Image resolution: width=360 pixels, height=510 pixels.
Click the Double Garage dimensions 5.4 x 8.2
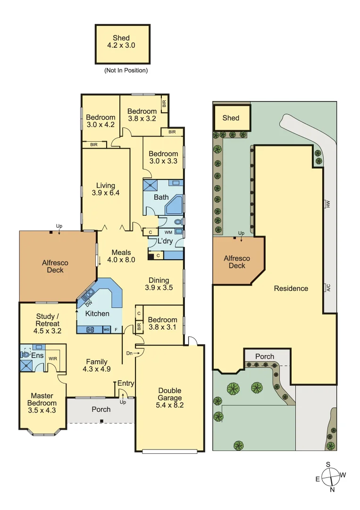170,405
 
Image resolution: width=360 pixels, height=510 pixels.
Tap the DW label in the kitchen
88,304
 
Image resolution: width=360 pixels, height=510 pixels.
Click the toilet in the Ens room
25,353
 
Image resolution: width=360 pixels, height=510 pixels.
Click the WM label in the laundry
168,232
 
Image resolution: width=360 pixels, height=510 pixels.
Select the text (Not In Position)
126,70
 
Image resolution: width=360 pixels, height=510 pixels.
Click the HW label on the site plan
326,204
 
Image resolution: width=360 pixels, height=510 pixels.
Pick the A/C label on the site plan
326,288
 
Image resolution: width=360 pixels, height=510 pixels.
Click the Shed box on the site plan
231,118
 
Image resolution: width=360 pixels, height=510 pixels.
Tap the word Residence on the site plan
291,288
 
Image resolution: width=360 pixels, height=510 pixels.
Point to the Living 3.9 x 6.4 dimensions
106,193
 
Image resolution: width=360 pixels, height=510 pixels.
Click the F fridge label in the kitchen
116,329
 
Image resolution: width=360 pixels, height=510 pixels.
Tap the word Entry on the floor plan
126,383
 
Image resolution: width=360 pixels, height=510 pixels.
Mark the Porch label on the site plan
264,356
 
